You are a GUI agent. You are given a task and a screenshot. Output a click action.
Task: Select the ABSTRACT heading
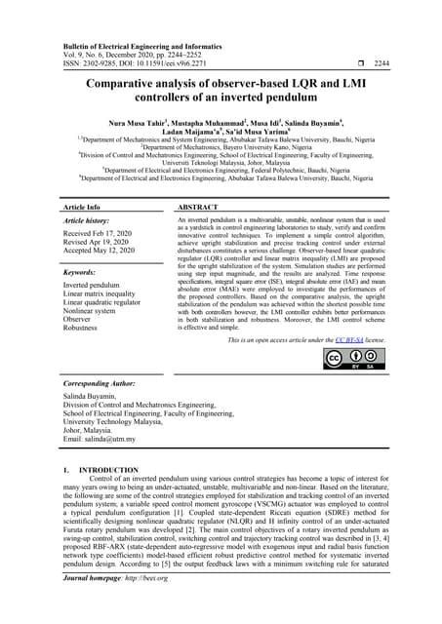(198, 208)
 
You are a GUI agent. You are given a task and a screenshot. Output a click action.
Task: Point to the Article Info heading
(81, 208)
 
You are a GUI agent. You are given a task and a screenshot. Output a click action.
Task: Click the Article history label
(85, 222)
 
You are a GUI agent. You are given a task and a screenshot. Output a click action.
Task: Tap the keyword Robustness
(84, 330)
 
